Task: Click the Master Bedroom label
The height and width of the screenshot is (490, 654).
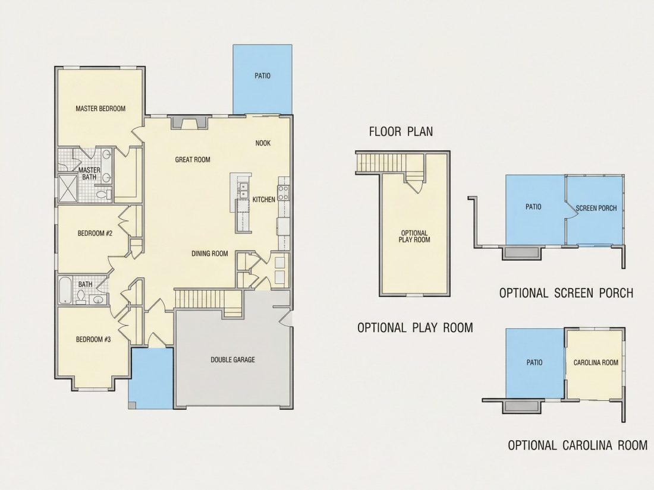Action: [100, 109]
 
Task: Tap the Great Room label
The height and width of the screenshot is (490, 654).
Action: [193, 160]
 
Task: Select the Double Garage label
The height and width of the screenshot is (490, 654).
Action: [232, 359]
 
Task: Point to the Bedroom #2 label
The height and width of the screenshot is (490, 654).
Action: [95, 233]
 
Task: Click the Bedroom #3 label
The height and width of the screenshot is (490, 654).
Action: [93, 340]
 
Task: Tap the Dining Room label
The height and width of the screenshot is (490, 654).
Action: [210, 254]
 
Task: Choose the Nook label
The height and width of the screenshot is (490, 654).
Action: [263, 143]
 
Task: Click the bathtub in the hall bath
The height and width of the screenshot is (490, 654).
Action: [65, 290]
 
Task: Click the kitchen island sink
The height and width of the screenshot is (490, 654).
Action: [243, 191]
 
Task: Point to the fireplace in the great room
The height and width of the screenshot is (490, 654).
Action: [189, 122]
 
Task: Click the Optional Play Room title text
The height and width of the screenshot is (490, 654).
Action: [416, 327]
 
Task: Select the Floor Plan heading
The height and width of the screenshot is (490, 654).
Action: [401, 132]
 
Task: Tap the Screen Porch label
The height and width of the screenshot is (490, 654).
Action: [596, 208]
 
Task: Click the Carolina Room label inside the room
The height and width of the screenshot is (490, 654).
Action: [596, 362]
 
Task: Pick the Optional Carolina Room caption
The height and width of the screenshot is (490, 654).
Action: [578, 445]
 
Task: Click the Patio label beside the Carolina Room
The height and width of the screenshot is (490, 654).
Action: [534, 362]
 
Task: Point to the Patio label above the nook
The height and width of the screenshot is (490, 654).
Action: [262, 76]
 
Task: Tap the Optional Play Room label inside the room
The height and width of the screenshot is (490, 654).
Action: [414, 236]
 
